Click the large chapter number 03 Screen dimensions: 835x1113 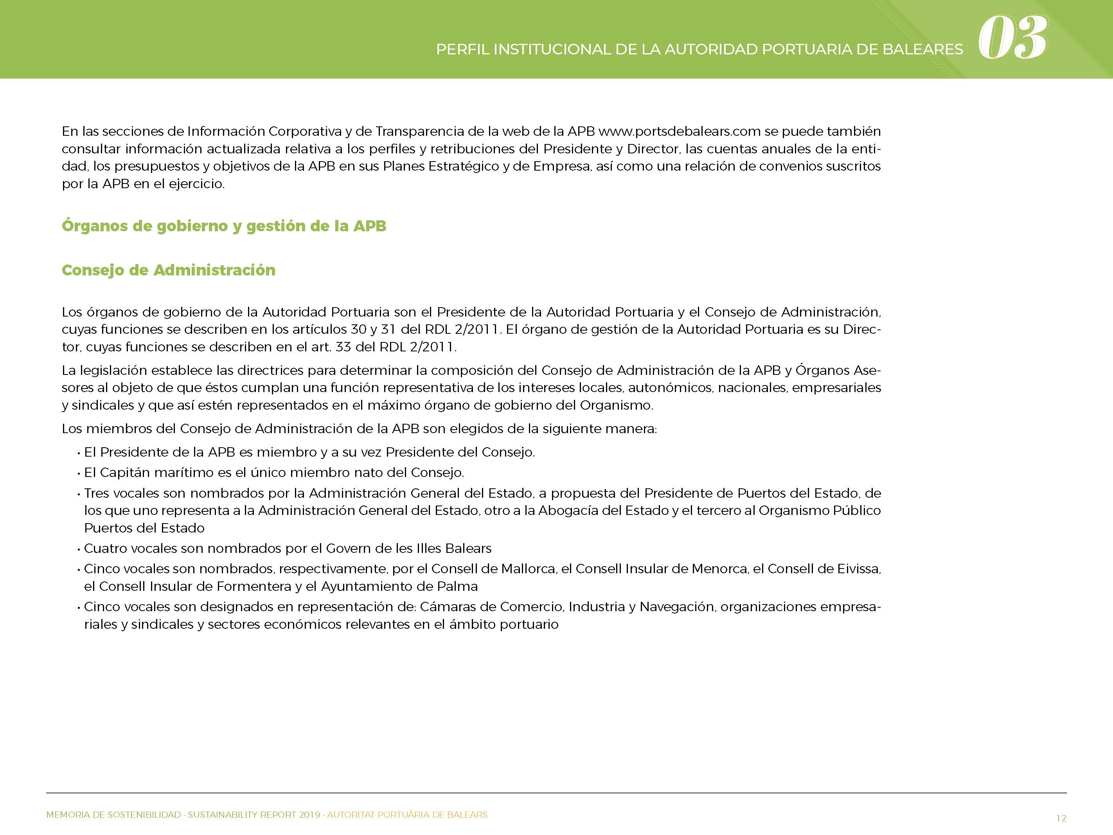1012,38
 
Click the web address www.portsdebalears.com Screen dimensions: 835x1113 679,131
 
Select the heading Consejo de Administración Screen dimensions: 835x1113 169,270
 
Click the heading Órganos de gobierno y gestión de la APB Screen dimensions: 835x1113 224,226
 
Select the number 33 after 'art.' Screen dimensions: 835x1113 343,347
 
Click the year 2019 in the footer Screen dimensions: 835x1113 309,814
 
